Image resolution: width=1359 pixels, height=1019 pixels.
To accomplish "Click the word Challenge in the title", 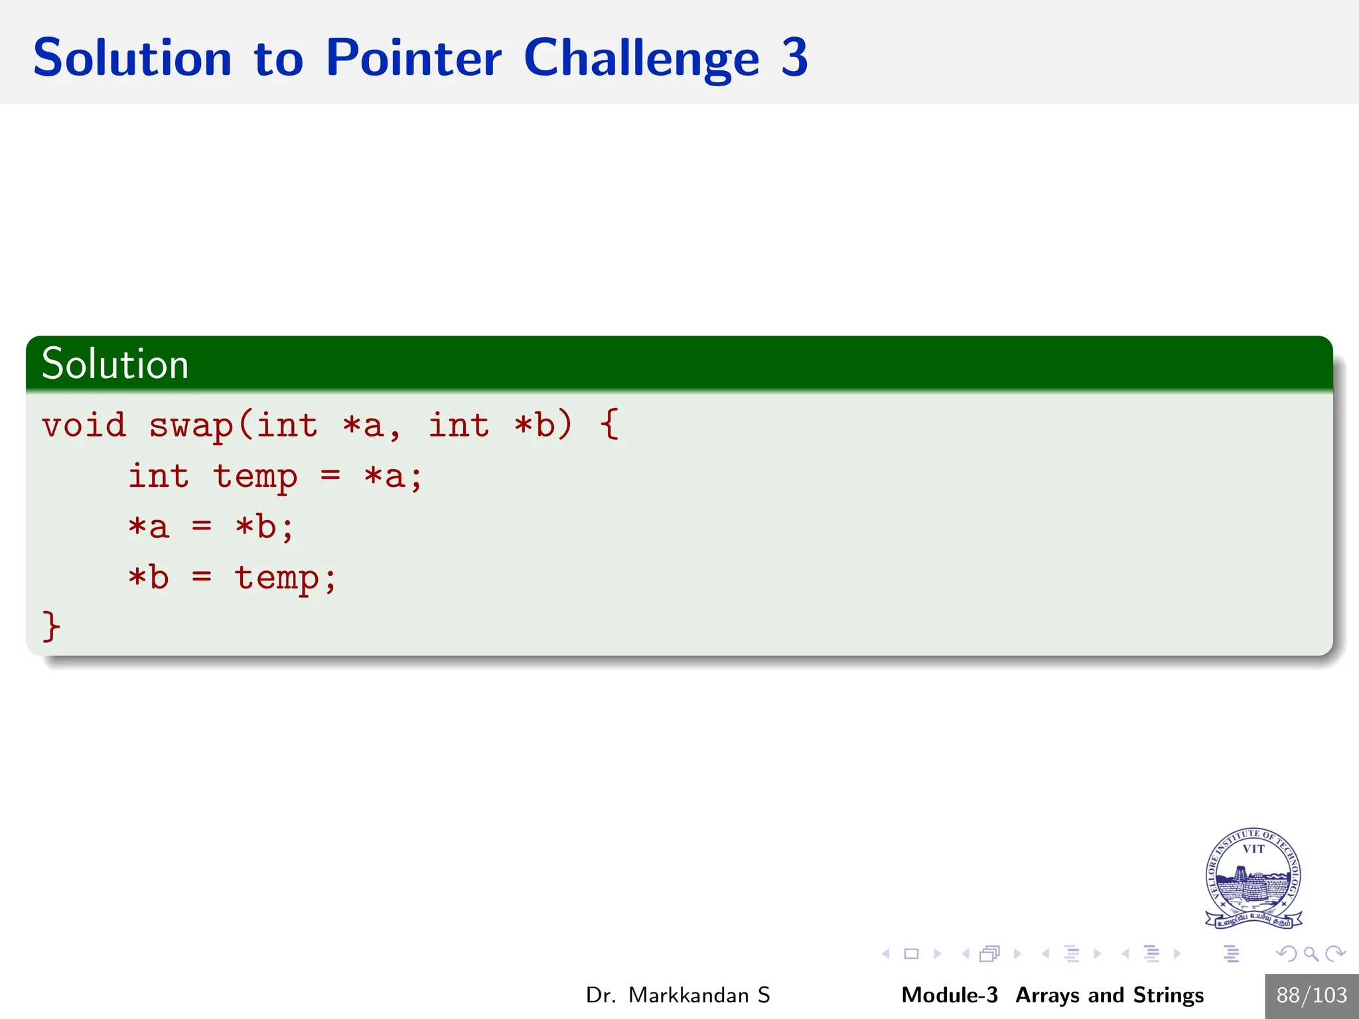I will [641, 58].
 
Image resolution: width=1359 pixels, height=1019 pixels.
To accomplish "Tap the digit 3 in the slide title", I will [794, 58].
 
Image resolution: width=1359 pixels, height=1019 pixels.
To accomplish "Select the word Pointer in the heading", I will [413, 58].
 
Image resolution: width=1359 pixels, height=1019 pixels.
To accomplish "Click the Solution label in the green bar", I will [115, 364].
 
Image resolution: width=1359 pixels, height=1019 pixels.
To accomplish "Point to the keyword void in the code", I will [84, 425].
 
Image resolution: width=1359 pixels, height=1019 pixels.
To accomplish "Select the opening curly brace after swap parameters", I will [609, 425].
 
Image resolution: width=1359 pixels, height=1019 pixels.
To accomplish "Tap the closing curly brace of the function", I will [51, 626].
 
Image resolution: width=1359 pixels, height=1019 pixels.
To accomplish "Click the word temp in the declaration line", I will [255, 476].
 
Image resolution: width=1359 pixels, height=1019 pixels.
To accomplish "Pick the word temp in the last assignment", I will [277, 577].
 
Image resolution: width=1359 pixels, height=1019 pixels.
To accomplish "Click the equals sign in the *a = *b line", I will [202, 527].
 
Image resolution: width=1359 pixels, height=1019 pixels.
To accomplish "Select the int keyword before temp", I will [159, 476].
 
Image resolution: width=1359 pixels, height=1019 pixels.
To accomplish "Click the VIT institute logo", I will [1253, 878].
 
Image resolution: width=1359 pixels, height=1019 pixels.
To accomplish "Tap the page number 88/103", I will [1311, 995].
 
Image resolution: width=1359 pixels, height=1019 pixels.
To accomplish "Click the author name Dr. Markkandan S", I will [678, 995].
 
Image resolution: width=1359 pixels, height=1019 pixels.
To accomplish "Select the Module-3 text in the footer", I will [949, 995].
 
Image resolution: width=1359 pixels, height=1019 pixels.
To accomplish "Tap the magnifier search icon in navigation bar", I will [1311, 954].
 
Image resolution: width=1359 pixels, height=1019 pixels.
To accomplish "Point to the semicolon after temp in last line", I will [330, 578].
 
